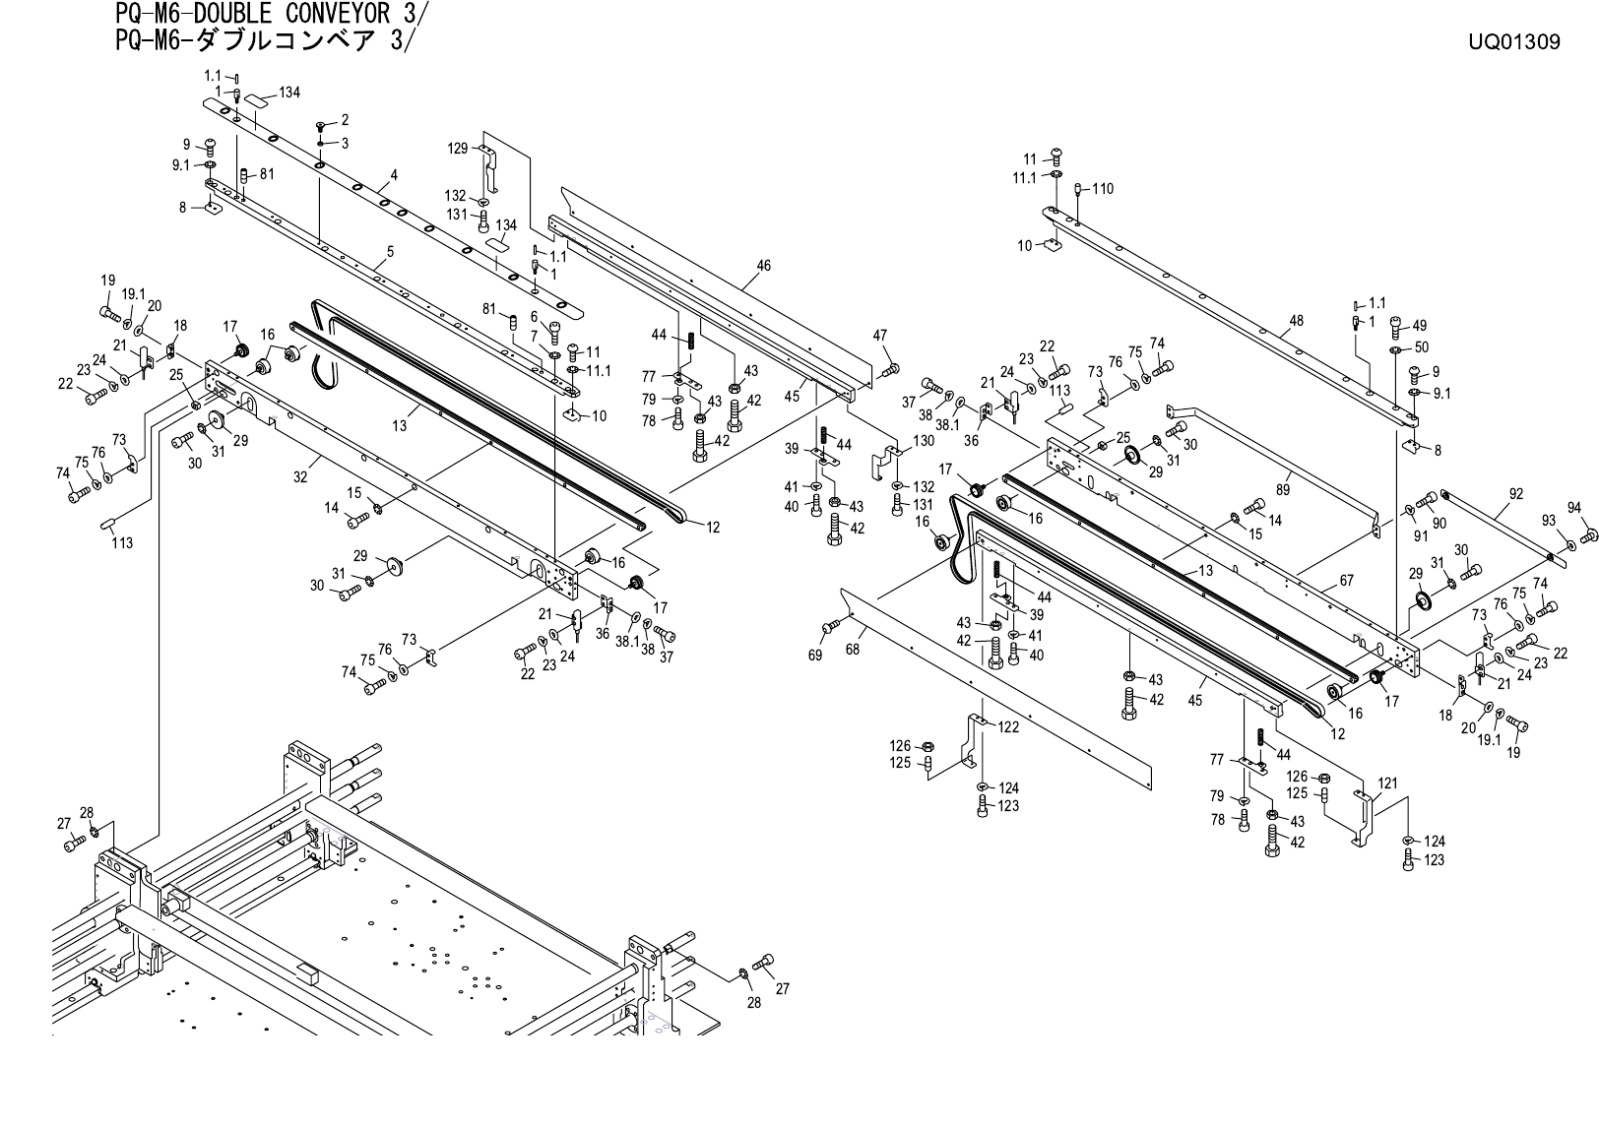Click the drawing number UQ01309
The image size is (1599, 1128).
(x=1513, y=42)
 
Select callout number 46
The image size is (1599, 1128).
(x=763, y=266)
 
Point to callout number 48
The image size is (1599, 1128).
(x=1296, y=321)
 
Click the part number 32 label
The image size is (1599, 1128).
(x=300, y=477)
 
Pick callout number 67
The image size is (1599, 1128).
(x=1346, y=580)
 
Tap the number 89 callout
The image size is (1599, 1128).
(x=1282, y=489)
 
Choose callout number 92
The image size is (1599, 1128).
(x=1515, y=494)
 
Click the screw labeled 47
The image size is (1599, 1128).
(x=893, y=369)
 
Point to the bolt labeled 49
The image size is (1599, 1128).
(x=1395, y=323)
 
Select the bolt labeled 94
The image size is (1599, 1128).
(x=1587, y=536)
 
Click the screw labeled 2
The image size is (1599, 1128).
(x=321, y=127)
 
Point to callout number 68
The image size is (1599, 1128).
(x=852, y=650)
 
